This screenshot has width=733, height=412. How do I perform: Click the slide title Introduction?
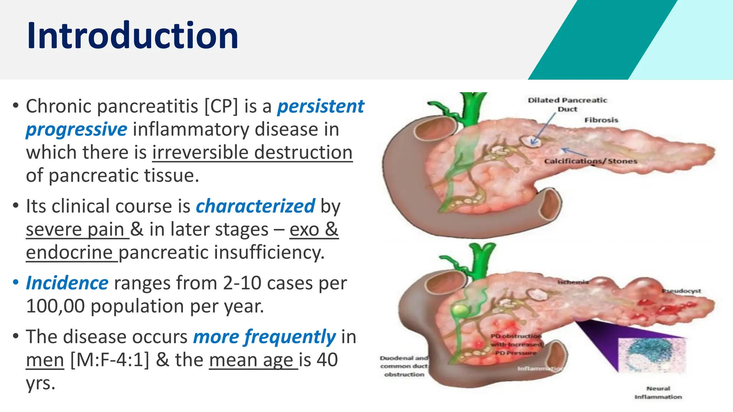[132, 36]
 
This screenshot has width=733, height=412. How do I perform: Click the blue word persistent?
[321, 107]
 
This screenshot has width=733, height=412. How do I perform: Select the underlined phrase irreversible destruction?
[252, 153]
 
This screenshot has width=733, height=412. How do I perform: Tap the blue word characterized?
[255, 206]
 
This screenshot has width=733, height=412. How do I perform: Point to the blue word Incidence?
[67, 283]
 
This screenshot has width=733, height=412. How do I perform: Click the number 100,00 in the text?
[55, 306]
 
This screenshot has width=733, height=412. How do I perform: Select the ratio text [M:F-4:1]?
[110, 360]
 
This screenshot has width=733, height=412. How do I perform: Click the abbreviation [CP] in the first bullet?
[221, 107]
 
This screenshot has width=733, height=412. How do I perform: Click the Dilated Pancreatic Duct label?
[568, 104]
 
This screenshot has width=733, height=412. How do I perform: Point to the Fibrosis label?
[601, 120]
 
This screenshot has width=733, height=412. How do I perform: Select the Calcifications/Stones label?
[591, 161]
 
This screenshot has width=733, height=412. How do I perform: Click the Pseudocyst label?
[681, 291]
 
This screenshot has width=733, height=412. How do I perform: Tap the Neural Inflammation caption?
[658, 393]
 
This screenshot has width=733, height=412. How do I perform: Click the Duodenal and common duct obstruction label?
[404, 366]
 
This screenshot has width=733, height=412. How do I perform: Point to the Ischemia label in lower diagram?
[573, 283]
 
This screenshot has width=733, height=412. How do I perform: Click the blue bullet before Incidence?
[15, 283]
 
